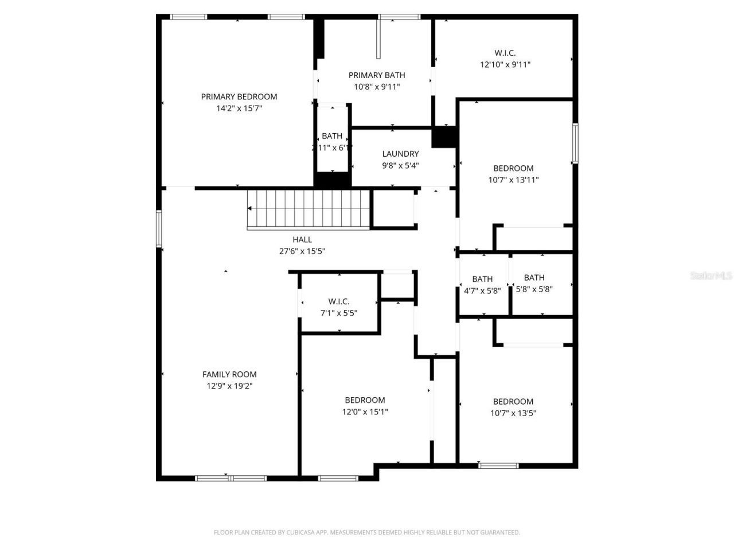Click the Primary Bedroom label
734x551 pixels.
tap(239, 96)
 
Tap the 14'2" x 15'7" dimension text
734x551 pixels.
tap(239, 108)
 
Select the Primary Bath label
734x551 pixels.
tap(377, 75)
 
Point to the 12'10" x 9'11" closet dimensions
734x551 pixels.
tap(505, 65)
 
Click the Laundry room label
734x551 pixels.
tap(400, 154)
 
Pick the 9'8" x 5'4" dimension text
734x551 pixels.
tap(400, 165)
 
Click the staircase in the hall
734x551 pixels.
tap(308, 209)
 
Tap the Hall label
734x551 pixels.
tap(302, 239)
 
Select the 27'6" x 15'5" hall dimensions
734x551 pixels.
tap(302, 251)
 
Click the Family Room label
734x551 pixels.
tap(229, 374)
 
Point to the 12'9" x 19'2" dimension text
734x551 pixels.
tap(229, 386)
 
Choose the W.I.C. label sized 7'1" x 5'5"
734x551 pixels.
tap(339, 301)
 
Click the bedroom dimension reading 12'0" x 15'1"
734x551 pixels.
tap(365, 412)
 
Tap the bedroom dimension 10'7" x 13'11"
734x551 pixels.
tap(513, 180)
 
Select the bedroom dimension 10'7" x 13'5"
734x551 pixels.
tap(513, 413)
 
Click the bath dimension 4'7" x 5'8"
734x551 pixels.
tap(482, 290)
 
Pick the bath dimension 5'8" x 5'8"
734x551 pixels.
tap(534, 289)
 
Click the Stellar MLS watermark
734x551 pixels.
tap(711, 276)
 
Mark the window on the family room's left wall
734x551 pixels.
tap(159, 229)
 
